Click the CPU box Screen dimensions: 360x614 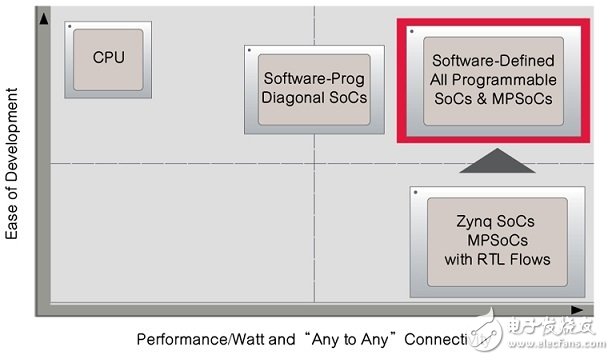click(x=108, y=58)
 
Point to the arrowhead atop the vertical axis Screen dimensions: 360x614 click(x=42, y=16)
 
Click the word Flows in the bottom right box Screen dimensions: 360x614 click(x=534, y=260)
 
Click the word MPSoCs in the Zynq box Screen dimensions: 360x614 click(x=497, y=242)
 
